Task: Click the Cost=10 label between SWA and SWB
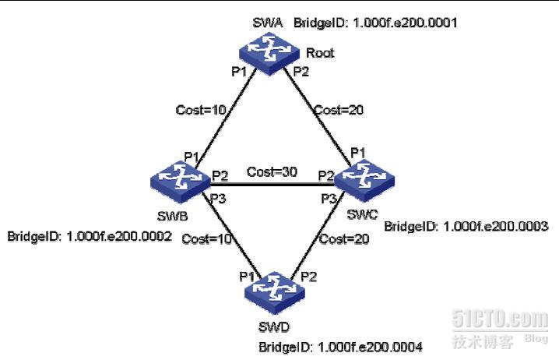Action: [x=201, y=111]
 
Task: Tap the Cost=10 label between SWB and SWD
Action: [x=207, y=239]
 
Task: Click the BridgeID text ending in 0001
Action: [x=374, y=24]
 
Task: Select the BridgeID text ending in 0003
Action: [x=466, y=227]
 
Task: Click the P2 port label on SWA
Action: [x=301, y=72]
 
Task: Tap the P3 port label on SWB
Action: [x=219, y=199]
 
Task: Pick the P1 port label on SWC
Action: [x=358, y=151]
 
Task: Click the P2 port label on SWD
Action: [x=309, y=276]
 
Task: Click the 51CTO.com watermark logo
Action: [x=499, y=319]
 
